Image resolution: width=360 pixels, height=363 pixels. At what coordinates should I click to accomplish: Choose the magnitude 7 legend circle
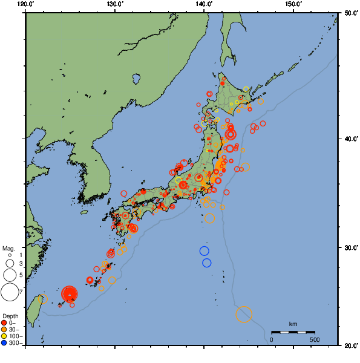(9, 292)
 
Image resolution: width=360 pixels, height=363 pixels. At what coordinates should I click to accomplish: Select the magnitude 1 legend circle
(9, 255)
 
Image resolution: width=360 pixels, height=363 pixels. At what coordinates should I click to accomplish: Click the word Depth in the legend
(10, 316)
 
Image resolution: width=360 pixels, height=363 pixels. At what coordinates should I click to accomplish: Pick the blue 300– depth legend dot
(4, 343)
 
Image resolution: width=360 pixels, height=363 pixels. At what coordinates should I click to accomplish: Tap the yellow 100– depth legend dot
(4, 336)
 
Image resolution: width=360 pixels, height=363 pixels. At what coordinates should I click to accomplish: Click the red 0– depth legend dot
(4, 322)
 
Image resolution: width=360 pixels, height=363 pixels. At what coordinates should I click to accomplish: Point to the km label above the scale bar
(293, 324)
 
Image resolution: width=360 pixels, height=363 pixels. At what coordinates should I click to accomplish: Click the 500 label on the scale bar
(315, 339)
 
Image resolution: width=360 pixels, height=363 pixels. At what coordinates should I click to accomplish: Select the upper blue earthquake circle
(204, 251)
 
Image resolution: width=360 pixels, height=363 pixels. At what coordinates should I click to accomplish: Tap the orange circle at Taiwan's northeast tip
(43, 299)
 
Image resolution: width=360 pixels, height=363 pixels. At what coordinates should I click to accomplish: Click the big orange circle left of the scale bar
(244, 314)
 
